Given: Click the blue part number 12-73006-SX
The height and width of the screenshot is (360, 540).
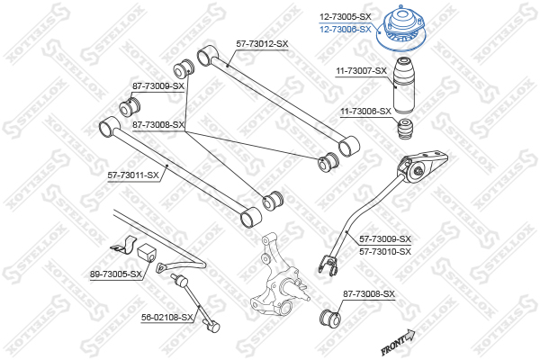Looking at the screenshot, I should point(346,29).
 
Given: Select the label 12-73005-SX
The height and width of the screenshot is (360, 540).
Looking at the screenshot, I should point(346,17).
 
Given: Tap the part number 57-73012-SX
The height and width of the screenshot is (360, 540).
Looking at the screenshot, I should point(262,43).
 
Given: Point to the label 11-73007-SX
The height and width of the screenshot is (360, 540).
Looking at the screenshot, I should point(362,70).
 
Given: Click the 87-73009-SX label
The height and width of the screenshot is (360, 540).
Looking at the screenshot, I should point(158,86).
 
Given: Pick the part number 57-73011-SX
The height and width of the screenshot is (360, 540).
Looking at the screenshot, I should point(133,175).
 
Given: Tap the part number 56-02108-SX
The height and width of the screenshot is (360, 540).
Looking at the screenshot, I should point(168,317).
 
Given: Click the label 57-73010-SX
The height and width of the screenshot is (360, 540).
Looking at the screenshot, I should point(385,250).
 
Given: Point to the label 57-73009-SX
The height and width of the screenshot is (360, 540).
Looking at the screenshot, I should point(385,239).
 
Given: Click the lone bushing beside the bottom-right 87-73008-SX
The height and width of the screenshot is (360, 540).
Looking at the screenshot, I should point(329,318).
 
